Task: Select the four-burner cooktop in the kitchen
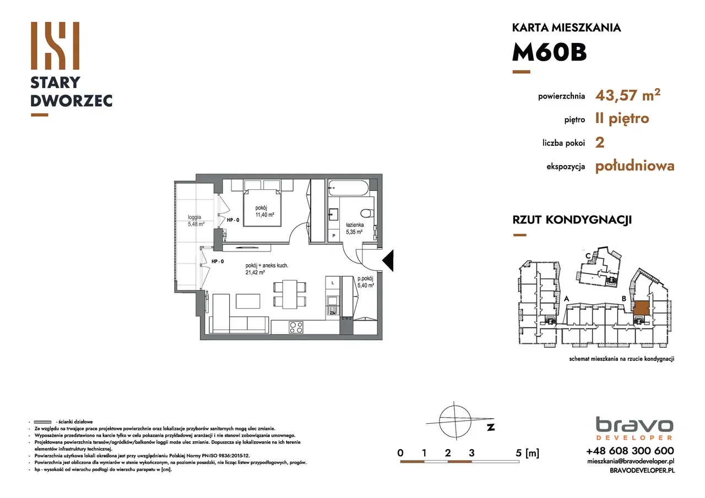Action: [296, 327]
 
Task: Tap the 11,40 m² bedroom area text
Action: [264, 214]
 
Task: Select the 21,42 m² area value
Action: [256, 272]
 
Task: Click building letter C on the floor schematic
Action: [588, 255]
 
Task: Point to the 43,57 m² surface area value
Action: [628, 95]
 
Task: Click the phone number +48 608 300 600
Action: [630, 451]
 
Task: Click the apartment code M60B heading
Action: [549, 53]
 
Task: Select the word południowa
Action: [634, 166]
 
